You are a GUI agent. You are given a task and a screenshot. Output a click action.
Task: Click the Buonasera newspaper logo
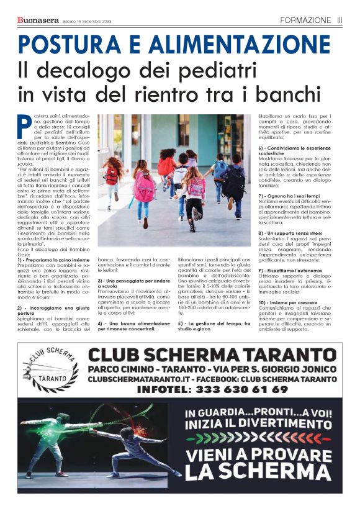[38, 20]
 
